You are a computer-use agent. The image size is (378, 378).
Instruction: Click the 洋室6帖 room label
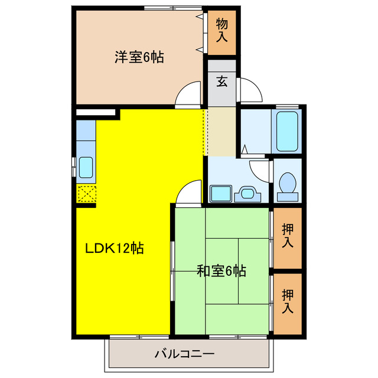139,57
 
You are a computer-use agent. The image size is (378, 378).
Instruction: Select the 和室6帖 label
221,271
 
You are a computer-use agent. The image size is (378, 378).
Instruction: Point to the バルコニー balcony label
185,354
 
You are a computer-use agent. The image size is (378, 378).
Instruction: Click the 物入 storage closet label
221,30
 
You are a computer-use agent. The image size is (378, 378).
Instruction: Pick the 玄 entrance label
221,82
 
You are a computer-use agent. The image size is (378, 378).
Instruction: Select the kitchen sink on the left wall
86,168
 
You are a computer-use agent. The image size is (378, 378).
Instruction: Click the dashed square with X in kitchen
86,194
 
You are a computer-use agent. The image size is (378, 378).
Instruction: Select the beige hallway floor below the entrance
220,131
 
